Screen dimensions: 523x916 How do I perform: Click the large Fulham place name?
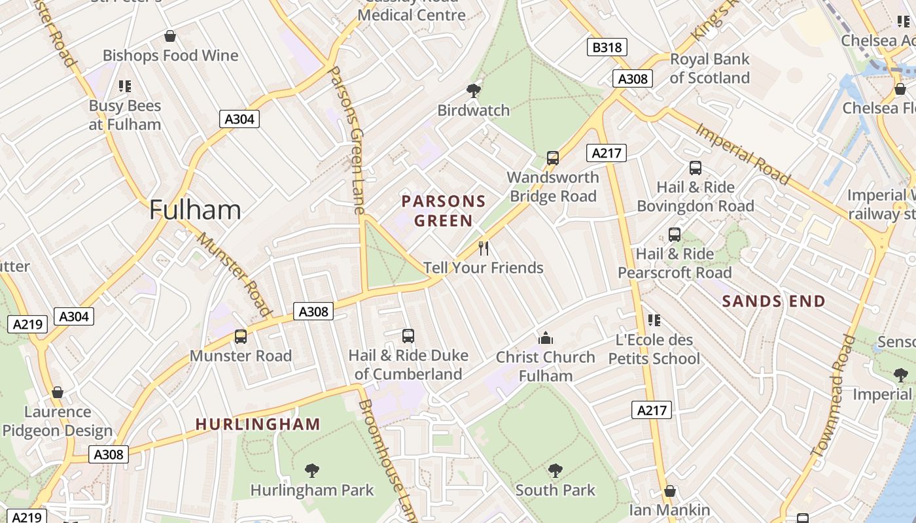point(195,210)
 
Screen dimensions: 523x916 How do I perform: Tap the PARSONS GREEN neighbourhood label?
point(444,211)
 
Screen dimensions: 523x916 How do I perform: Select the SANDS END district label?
point(773,301)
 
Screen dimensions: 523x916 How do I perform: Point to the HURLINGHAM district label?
point(258,424)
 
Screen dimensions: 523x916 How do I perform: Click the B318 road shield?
point(607,47)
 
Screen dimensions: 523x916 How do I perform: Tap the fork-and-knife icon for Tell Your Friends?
point(484,248)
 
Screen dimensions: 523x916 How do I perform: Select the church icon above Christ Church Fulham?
point(545,338)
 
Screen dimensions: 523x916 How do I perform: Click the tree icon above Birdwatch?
point(473,91)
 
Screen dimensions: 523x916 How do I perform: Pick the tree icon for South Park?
point(555,471)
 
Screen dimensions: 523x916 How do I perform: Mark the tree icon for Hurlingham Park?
point(312,471)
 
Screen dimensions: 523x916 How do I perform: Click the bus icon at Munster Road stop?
point(241,337)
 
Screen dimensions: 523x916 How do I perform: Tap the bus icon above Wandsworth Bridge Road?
point(553,158)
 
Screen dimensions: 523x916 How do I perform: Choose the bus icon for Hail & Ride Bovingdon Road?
point(695,168)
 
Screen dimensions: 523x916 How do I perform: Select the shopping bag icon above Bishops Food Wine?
point(170,36)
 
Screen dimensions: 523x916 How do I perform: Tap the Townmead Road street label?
point(833,395)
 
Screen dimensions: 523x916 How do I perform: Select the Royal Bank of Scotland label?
point(709,69)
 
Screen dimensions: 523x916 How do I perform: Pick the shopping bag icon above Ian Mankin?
point(669,491)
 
